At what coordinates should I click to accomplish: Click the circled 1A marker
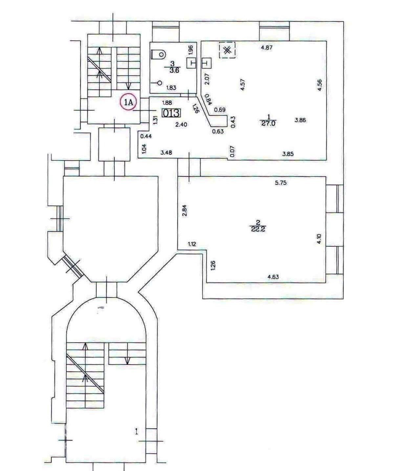128,102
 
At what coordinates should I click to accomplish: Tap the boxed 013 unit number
171,113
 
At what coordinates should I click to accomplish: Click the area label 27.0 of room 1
269,123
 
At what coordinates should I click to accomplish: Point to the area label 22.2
258,229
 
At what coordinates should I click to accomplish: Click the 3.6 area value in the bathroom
174,71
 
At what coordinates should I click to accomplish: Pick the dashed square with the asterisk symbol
227,50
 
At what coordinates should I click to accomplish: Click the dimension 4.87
267,48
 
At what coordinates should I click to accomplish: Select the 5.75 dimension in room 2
281,183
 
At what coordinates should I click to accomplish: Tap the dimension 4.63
273,277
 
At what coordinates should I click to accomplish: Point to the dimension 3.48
166,152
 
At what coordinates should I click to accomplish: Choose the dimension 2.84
185,211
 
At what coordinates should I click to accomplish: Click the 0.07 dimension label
232,151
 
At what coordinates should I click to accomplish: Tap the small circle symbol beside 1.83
160,83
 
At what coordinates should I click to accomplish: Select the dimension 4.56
320,85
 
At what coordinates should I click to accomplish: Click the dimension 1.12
192,244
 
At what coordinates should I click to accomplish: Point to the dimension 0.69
220,110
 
